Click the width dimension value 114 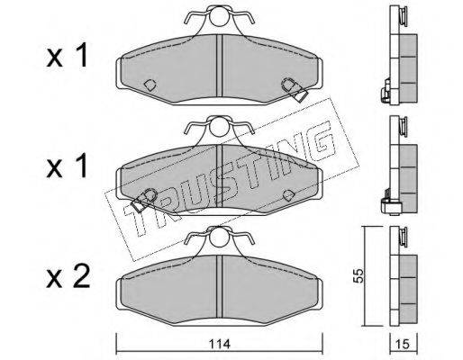[220, 344]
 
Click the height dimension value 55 [359, 275]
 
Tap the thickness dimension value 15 [403, 344]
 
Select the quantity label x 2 [68, 278]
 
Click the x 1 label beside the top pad [67, 56]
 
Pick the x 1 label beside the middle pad [67, 166]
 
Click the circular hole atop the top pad [219, 17]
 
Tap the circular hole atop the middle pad [219, 127]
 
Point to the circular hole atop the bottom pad [219, 238]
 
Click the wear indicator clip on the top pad [295, 90]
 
